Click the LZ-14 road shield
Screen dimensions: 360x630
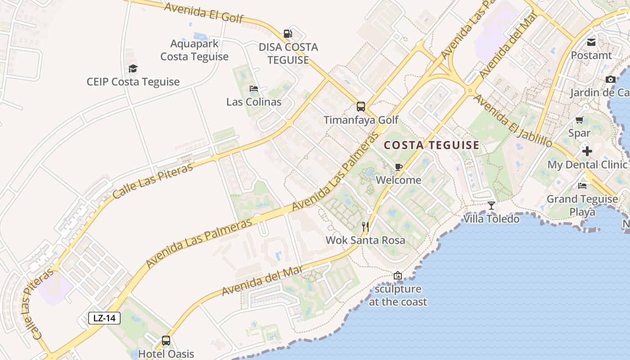click(104, 318)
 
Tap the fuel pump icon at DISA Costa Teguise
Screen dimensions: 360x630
click(288, 33)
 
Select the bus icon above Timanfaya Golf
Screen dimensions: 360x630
click(361, 106)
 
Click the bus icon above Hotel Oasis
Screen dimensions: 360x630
click(166, 340)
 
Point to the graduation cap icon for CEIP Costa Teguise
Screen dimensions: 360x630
click(133, 68)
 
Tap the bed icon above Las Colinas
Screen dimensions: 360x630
click(254, 88)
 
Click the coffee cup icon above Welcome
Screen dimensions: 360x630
click(398, 167)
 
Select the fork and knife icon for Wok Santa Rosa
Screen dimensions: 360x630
click(365, 226)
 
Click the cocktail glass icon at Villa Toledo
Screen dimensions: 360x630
click(491, 206)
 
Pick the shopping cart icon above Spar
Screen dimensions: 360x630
click(579, 120)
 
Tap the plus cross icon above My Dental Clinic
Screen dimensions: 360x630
click(587, 151)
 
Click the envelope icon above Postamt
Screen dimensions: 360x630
click(591, 42)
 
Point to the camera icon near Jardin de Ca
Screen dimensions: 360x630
click(610, 80)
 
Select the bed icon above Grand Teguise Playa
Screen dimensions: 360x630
click(582, 185)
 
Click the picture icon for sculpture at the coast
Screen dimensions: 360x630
click(398, 275)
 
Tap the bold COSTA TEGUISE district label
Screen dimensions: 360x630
click(432, 145)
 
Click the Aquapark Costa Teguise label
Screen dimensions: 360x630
click(194, 50)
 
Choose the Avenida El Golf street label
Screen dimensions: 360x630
click(204, 13)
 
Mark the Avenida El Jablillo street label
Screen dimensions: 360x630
click(513, 121)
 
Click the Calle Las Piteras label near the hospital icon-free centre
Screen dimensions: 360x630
click(153, 181)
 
